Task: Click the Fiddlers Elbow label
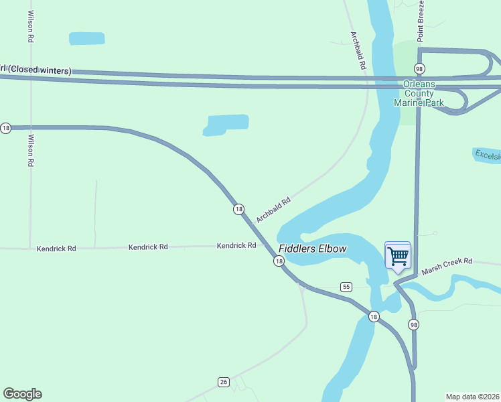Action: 313,249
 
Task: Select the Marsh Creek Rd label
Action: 447,266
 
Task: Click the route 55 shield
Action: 346,287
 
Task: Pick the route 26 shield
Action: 224,382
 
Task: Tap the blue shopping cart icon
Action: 398,256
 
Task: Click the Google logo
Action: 22,394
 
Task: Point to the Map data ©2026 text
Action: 472,397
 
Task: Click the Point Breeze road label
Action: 421,21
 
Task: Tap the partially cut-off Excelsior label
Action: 487,155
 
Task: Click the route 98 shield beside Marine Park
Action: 419,69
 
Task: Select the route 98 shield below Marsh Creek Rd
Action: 413,324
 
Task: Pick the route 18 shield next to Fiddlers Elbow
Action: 279,261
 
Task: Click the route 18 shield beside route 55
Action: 374,316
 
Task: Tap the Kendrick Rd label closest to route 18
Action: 236,246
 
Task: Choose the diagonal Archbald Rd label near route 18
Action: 273,210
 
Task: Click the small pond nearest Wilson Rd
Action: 87,38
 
